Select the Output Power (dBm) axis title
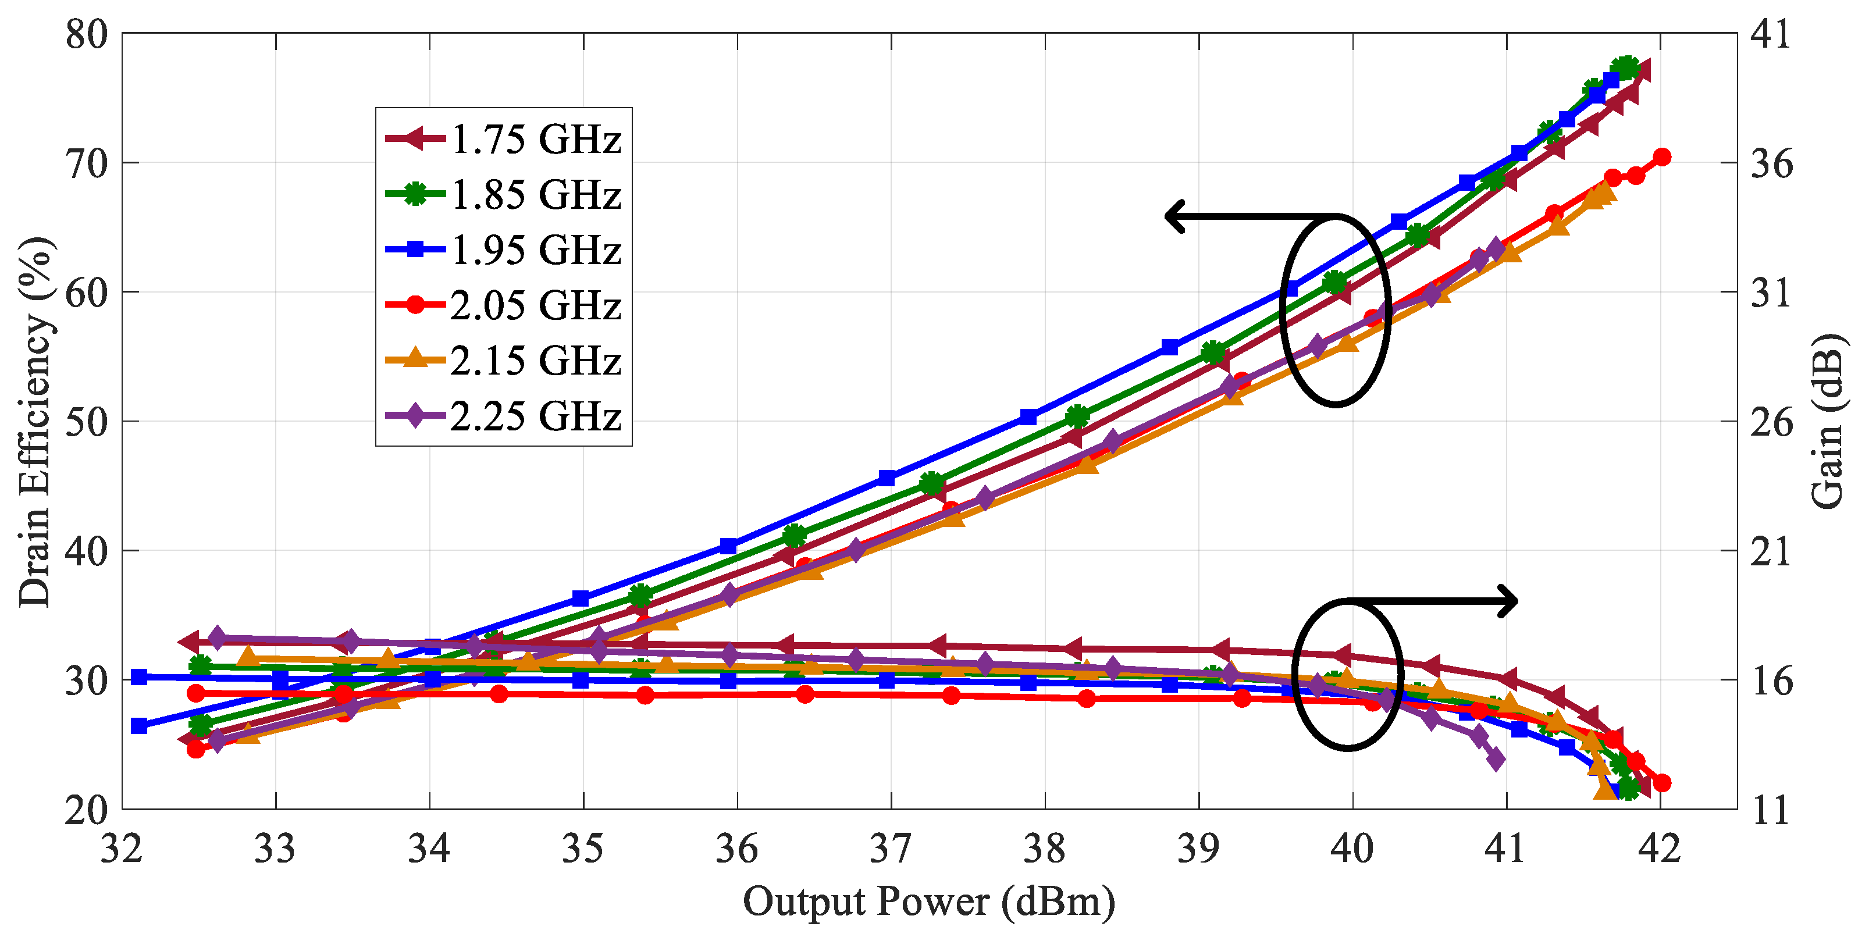[928, 902]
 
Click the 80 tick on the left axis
[86, 34]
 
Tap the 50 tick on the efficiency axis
[86, 422]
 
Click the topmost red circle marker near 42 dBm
[1663, 157]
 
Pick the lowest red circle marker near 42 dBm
[1662, 783]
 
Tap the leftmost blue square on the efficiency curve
[138, 726]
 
